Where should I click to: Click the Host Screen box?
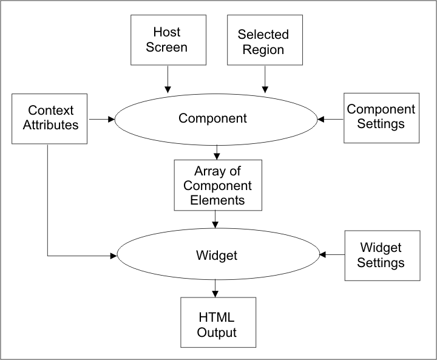point(167,39)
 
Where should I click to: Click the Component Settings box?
point(381,117)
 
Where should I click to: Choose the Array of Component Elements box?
point(217,185)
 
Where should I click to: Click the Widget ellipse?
point(217,256)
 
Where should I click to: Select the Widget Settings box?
point(382,255)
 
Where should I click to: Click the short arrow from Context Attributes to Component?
point(101,119)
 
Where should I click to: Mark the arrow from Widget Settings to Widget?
point(331,255)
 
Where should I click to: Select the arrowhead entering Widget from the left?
point(113,256)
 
